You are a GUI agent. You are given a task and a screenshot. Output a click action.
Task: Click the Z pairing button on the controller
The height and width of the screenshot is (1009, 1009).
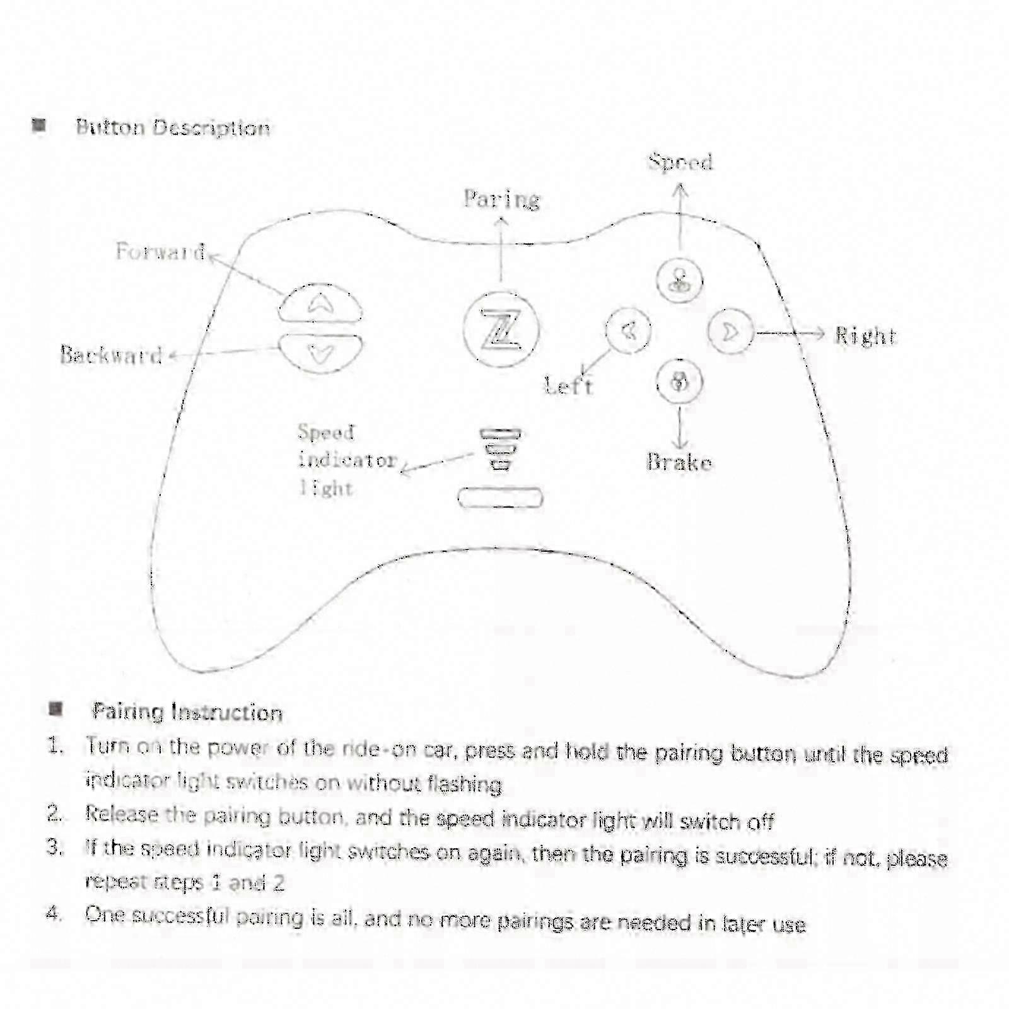(x=501, y=329)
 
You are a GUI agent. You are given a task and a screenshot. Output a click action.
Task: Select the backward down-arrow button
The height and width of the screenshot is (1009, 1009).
(x=320, y=354)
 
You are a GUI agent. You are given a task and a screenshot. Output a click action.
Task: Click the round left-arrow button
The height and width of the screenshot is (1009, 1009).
(x=628, y=330)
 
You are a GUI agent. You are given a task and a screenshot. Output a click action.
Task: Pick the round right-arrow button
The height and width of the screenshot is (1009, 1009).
(x=730, y=332)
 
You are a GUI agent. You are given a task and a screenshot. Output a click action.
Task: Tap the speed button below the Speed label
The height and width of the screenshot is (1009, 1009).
(x=679, y=280)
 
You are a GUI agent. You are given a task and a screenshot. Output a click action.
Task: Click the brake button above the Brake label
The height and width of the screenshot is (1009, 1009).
(x=679, y=382)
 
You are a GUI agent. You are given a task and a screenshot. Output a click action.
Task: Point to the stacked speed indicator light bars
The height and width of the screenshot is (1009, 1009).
(x=500, y=449)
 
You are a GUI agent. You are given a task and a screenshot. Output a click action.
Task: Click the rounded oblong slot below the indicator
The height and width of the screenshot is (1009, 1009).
(x=500, y=498)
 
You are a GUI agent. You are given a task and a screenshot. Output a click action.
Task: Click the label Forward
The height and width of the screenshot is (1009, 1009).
(x=160, y=252)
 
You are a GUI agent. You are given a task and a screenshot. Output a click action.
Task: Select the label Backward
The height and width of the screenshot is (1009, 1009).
(x=112, y=355)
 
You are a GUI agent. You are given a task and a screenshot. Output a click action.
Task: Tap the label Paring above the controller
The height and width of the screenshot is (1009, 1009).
(x=502, y=199)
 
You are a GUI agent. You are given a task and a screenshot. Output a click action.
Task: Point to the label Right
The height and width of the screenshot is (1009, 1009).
(x=865, y=335)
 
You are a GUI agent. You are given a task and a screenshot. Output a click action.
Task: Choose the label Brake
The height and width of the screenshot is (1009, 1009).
(x=679, y=462)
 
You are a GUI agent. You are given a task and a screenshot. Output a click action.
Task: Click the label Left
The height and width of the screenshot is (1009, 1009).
(x=569, y=385)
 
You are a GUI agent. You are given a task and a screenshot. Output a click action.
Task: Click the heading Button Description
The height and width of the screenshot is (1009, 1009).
(x=173, y=127)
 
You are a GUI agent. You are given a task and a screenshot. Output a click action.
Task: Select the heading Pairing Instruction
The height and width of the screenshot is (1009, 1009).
(x=187, y=712)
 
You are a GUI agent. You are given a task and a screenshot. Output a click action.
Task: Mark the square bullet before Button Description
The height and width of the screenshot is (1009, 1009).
(x=39, y=125)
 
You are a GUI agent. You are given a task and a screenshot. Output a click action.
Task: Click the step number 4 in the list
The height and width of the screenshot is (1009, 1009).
(x=54, y=913)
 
